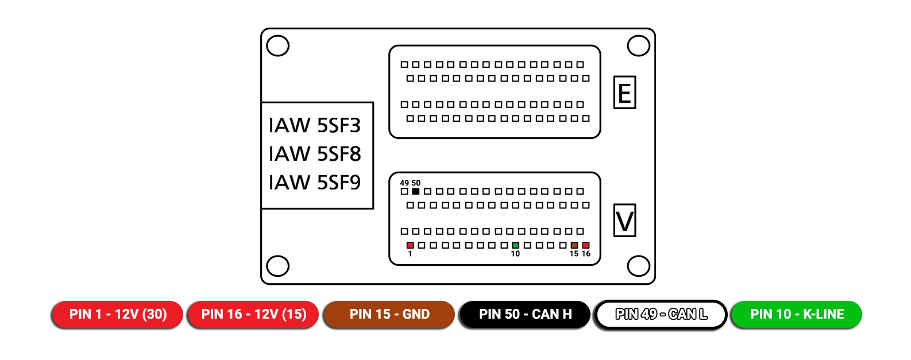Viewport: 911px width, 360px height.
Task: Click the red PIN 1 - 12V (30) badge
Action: [118, 314]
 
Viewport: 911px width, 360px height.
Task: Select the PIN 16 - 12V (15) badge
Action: [254, 314]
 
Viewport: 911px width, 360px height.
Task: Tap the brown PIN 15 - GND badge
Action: [389, 314]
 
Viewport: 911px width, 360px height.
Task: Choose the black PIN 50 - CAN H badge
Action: [525, 314]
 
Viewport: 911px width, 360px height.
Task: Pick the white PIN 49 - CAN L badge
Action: [661, 314]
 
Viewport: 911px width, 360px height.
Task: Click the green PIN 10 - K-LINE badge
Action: [797, 314]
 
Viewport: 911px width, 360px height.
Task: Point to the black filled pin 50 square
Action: [416, 191]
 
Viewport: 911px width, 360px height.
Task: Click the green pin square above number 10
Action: [515, 245]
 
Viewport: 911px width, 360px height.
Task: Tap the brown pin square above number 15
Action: [574, 245]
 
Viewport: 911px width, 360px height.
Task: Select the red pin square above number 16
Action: [586, 245]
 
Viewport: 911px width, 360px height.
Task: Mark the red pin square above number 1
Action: [410, 245]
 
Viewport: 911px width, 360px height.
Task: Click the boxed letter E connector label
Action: [624, 92]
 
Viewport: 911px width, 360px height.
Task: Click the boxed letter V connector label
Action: [624, 220]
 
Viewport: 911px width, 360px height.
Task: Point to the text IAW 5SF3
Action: [315, 125]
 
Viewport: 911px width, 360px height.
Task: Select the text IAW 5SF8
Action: [315, 154]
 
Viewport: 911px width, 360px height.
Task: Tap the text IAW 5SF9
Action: [315, 183]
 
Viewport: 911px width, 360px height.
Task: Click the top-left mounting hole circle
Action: [278, 46]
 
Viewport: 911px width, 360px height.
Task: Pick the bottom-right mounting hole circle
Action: [638, 266]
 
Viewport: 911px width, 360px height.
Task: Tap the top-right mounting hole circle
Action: [638, 46]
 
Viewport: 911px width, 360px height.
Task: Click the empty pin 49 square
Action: [404, 191]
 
